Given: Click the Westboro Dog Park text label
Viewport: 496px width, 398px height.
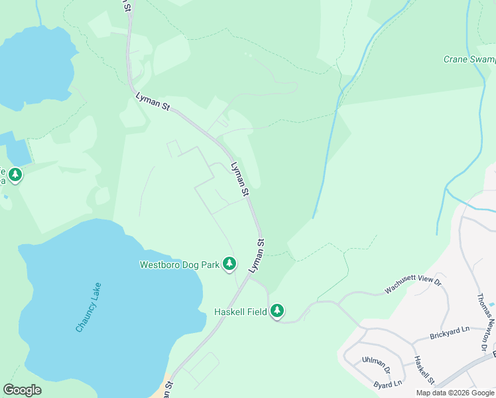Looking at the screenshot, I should point(179,265).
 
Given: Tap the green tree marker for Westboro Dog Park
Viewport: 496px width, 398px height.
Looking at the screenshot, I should point(229,264).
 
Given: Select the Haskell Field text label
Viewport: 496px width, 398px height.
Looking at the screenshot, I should point(240,311).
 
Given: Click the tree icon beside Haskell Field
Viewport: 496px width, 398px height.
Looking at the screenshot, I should point(277,310).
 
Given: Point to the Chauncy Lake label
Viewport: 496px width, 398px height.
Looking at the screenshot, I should point(88,308).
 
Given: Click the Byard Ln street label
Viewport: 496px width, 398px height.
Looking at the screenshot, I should point(388,383).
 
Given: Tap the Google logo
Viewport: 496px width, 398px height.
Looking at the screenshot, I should point(22,390).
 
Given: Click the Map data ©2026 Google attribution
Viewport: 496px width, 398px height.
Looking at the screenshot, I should point(456,393).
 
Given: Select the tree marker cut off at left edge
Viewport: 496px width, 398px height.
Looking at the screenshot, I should point(15,175).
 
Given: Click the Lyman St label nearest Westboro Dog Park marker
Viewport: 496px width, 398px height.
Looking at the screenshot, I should point(257,256).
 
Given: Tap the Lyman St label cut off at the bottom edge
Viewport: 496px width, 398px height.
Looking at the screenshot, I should point(168,390).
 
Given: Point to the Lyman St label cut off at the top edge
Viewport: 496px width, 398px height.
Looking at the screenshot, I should point(125,5).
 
